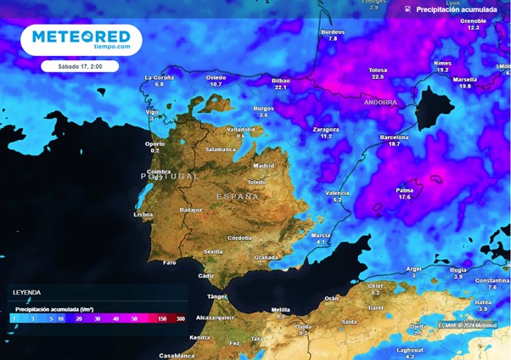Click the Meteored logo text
81,37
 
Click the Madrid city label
264,166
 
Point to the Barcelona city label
394,137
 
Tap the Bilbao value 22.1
281,87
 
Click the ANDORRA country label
379,103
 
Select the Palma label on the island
404,190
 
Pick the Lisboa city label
143,215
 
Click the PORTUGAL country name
169,177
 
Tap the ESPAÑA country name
237,196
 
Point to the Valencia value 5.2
337,200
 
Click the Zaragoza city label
326,130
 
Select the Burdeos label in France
333,32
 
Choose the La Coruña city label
159,77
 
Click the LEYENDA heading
26,292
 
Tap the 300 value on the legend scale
180,318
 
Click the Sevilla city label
213,251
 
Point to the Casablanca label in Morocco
177,355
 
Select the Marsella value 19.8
464,87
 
